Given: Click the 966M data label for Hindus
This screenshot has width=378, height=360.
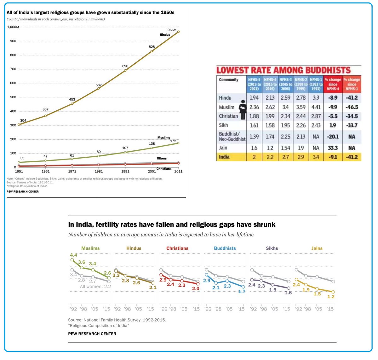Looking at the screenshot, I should (x=172, y=30).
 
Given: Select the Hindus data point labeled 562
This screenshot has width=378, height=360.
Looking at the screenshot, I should (x=99, y=89).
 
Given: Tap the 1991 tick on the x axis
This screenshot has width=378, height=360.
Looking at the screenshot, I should (x=125, y=171).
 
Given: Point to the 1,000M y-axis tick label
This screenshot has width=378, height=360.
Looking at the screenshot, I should (x=13, y=27).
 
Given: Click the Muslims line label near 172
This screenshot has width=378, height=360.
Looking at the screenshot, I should (x=163, y=138).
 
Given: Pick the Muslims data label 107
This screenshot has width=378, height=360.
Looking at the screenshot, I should (x=125, y=148).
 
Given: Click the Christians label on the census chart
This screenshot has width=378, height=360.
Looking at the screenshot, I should (x=164, y=169).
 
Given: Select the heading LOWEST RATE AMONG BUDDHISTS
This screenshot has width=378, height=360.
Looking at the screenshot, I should (x=283, y=70).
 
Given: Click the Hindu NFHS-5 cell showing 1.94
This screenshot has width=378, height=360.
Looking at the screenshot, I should (x=254, y=98).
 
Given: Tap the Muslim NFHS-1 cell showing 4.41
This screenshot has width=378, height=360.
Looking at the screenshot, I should (x=316, y=107).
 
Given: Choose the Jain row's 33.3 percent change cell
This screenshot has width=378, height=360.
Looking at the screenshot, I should (x=333, y=148).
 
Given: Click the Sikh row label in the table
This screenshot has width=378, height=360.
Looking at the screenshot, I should (x=223, y=125).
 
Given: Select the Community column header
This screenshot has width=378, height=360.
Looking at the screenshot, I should (x=229, y=80).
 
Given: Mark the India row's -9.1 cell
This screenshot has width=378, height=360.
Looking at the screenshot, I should (x=333, y=157).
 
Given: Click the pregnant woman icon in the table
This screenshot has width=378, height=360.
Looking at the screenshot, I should (x=243, y=110).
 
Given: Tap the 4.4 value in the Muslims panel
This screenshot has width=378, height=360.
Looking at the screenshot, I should (x=73, y=255).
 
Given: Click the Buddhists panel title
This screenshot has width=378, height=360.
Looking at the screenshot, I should (x=225, y=248).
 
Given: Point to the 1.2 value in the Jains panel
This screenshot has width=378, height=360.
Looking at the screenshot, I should (x=331, y=297).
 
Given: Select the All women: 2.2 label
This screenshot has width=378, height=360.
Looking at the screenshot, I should (x=95, y=287).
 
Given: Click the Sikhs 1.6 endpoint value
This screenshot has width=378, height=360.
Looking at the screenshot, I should (x=288, y=293).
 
